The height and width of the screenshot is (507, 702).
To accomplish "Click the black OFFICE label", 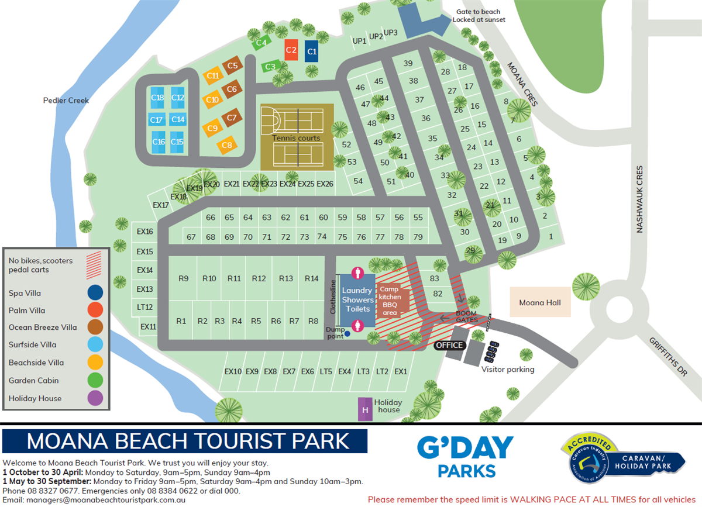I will tap(449, 345).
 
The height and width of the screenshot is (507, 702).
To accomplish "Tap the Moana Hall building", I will tap(540, 302).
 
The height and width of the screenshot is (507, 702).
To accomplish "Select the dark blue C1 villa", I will tap(312, 51).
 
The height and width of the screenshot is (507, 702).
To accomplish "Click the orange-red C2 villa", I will tap(291, 50).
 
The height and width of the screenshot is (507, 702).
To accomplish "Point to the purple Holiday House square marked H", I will tap(365, 409).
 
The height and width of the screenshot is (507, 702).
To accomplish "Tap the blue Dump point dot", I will tap(347, 334).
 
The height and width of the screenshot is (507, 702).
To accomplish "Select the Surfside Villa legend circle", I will tap(95, 344).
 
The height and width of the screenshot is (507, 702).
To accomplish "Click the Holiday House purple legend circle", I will tap(95, 398).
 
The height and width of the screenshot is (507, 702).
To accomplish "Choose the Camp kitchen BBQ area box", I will tap(390, 301).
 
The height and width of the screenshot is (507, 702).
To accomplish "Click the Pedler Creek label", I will tap(66, 100).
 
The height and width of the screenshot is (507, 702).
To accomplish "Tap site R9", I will tap(183, 278).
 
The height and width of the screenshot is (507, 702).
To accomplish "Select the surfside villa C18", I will tap(157, 98).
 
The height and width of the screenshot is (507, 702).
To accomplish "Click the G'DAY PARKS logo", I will tap(465, 457).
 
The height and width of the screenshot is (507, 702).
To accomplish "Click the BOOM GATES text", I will tap(467, 316).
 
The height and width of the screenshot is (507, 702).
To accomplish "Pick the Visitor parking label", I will tap(508, 369).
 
